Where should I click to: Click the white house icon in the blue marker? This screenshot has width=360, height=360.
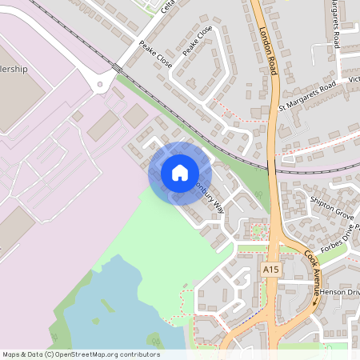click(x=180, y=173)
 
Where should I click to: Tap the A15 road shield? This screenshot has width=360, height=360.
click(x=271, y=271)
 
